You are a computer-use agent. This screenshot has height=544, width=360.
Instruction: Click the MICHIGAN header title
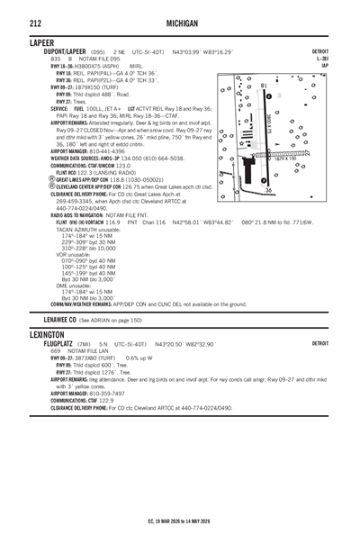point(180,19)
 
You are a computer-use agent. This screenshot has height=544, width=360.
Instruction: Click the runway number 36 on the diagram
point(267,190)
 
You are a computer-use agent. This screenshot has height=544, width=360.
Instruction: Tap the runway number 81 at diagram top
point(263,86)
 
